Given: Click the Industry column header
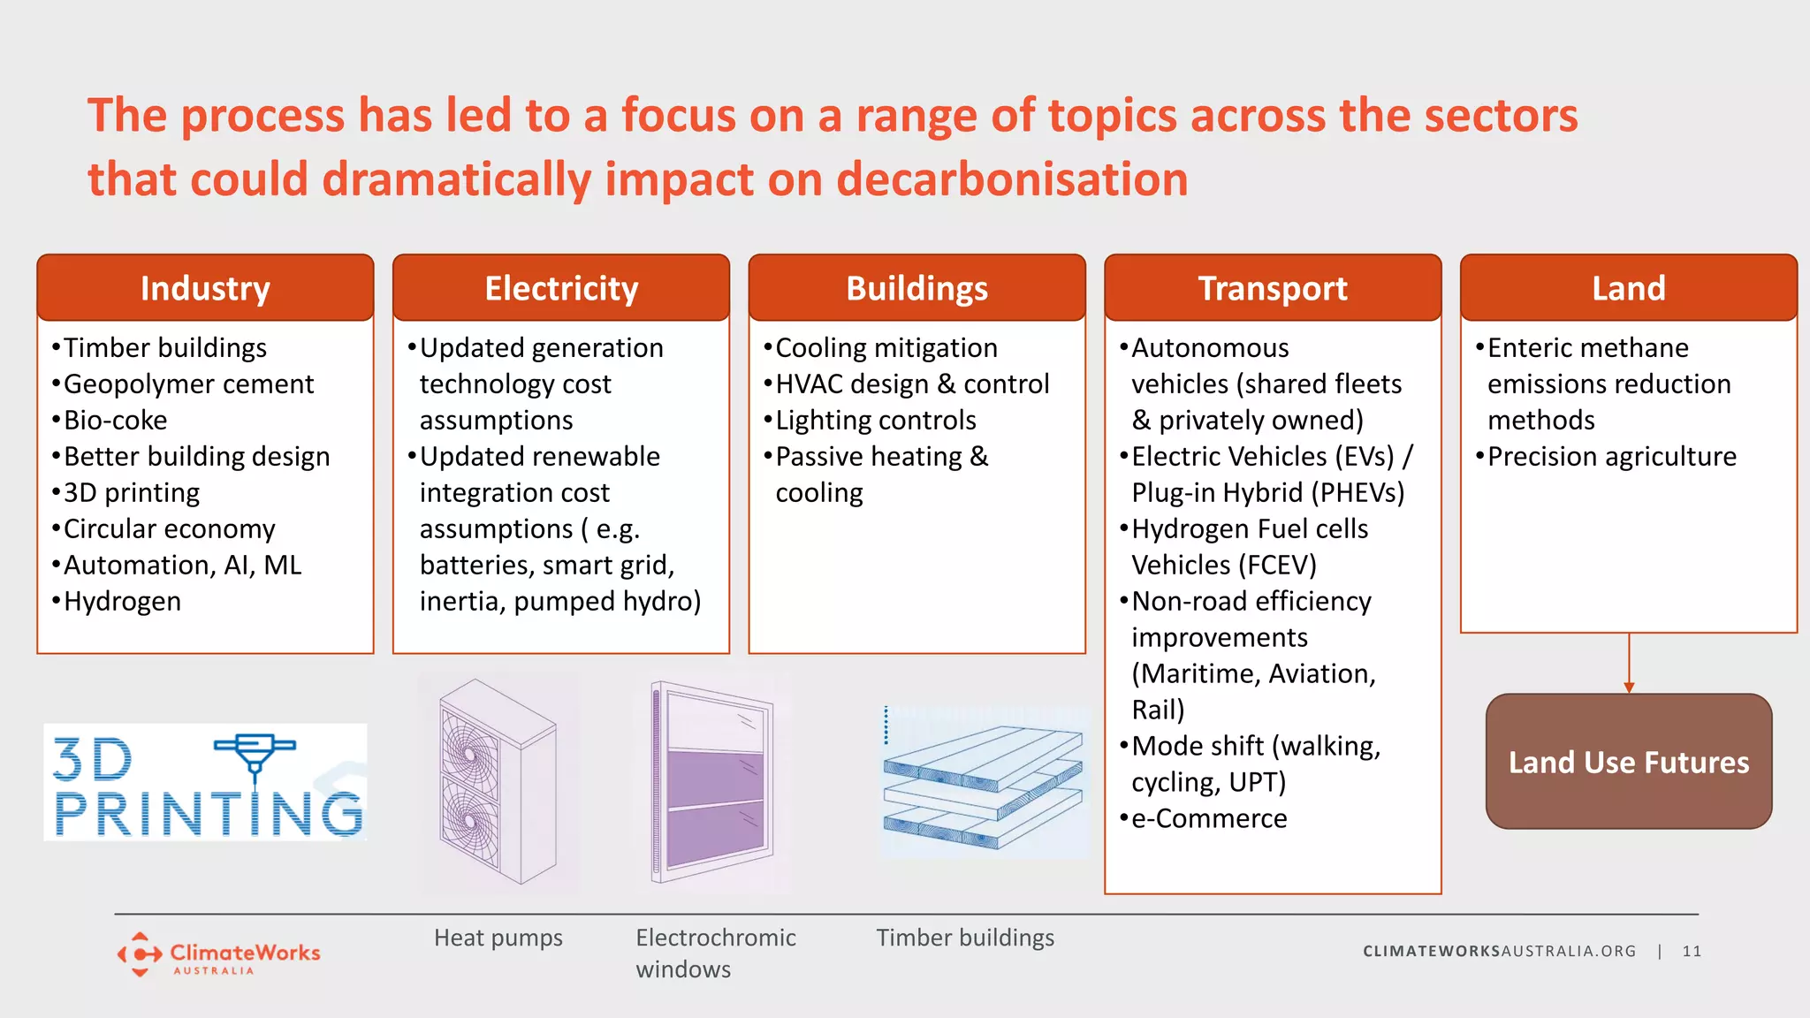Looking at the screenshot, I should (x=205, y=288).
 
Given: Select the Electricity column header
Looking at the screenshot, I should (x=561, y=288).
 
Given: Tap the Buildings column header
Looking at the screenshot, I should (x=916, y=288).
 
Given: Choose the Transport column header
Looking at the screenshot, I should (x=1273, y=288).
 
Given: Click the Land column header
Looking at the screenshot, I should (x=1628, y=288).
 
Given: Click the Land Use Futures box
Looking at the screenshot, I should (x=1628, y=762).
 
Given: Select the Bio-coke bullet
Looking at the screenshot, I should (x=115, y=421).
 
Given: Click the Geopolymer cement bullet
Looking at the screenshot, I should (x=188, y=384).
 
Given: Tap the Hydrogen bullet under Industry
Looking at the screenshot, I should (x=122, y=602).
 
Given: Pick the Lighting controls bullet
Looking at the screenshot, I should (x=875, y=421).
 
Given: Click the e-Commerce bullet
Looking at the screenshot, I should (x=1208, y=819).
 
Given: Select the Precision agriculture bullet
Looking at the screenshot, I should (x=1611, y=457).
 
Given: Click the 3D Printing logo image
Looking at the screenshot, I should (x=205, y=783).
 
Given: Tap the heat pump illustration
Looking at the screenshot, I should (x=498, y=782).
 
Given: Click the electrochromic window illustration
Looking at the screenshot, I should (x=712, y=782).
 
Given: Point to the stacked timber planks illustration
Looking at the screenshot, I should (x=983, y=781).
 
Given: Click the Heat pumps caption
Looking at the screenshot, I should (x=498, y=938).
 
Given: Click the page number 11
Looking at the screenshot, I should (x=1692, y=952).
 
